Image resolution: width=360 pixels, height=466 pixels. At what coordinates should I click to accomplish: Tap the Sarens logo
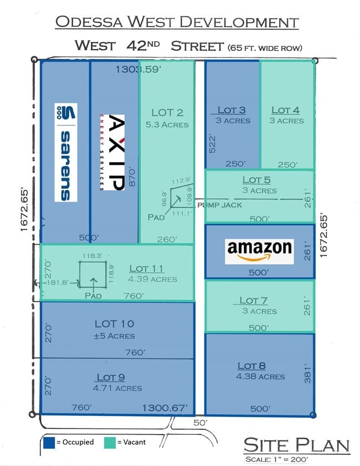[66, 152]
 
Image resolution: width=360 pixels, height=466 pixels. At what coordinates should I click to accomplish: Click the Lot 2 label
[167, 112]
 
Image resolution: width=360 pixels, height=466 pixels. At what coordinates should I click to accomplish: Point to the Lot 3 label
[232, 110]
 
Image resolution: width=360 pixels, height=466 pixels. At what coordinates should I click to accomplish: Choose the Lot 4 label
[285, 110]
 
